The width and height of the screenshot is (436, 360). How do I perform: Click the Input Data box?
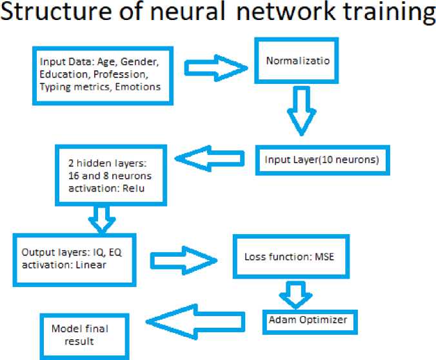(102, 74)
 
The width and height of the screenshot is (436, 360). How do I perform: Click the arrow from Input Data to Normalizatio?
(215, 67)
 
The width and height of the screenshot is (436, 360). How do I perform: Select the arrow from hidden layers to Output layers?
(101, 219)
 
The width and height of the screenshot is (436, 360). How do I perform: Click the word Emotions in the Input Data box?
(139, 86)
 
